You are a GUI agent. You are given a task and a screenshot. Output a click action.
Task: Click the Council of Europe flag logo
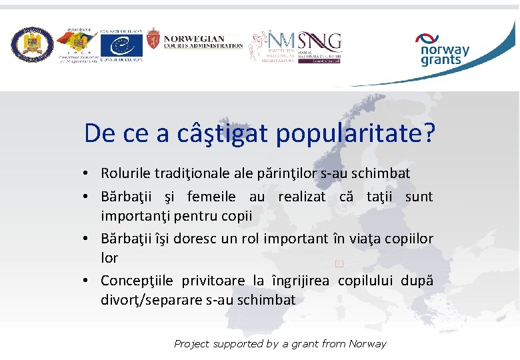pyautogui.click(x=121, y=45)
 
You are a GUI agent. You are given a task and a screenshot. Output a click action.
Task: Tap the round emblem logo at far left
pyautogui.click(x=32, y=45)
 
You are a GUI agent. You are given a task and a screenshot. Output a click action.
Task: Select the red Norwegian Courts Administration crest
pyautogui.click(x=153, y=42)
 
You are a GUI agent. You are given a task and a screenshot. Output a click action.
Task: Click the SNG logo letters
pyautogui.click(x=321, y=41)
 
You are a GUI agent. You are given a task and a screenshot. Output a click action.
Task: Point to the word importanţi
pyautogui.click(x=130, y=217)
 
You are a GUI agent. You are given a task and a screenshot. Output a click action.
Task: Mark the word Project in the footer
pyautogui.click(x=191, y=344)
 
